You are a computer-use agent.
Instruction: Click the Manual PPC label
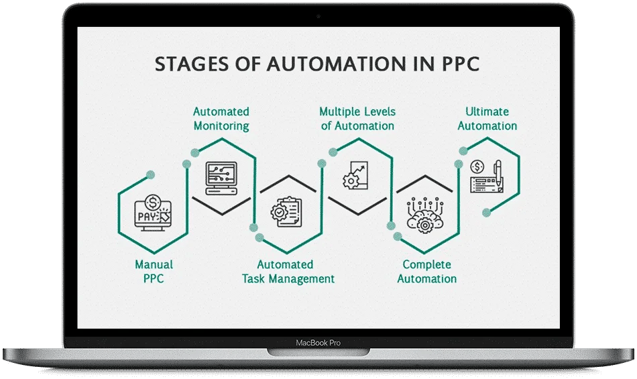tap(154, 272)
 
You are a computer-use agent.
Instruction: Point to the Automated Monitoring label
tap(221, 119)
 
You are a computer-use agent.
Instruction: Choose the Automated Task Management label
tap(288, 272)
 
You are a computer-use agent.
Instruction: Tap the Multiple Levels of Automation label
tap(357, 119)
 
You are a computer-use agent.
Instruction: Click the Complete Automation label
tap(426, 272)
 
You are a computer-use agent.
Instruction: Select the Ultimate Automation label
tap(487, 119)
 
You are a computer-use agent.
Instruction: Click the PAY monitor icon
tap(154, 213)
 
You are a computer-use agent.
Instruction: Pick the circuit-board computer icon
tap(221, 178)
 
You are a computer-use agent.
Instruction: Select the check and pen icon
tap(487, 176)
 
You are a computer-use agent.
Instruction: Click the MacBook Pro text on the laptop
tap(318, 343)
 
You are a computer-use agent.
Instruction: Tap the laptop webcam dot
tap(318, 15)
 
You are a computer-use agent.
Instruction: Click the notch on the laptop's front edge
tap(318, 351)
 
